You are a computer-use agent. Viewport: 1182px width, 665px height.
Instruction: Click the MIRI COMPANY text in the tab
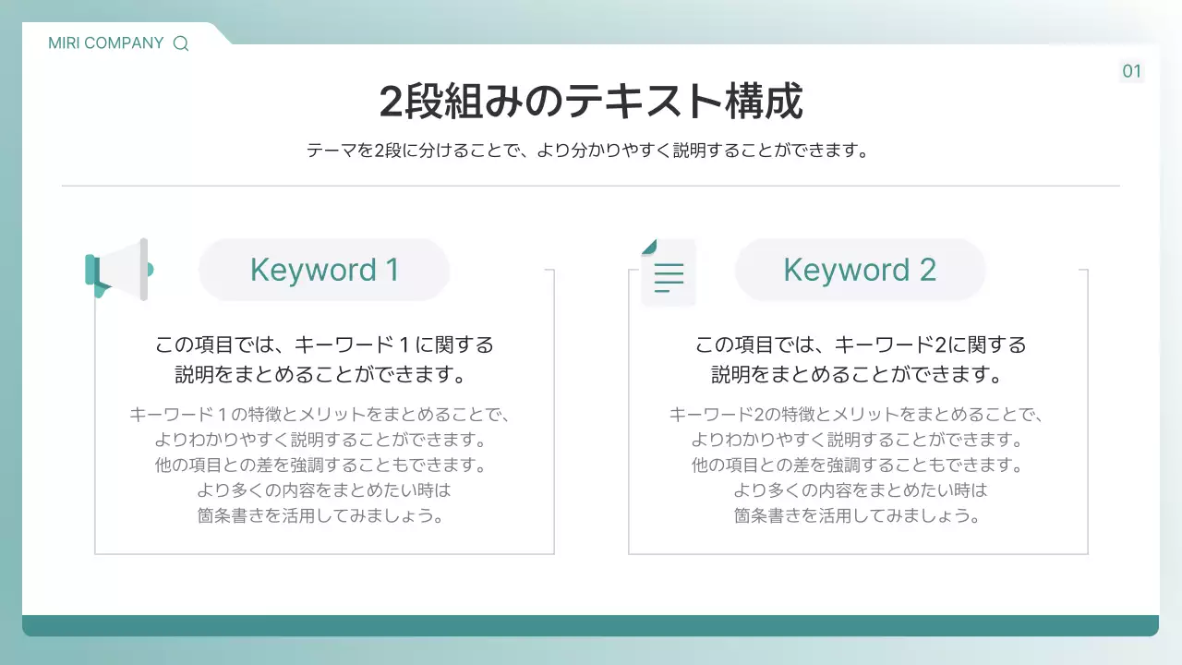(x=105, y=43)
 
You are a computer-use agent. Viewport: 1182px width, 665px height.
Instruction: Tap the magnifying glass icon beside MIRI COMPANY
(x=181, y=43)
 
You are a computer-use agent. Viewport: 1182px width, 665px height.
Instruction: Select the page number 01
(x=1131, y=72)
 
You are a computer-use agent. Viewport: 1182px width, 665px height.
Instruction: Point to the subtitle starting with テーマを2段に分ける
(x=589, y=150)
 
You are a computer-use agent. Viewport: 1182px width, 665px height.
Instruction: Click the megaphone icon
(x=118, y=270)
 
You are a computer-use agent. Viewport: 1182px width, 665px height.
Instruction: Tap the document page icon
(x=668, y=272)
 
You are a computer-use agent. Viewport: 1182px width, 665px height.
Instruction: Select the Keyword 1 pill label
(x=324, y=270)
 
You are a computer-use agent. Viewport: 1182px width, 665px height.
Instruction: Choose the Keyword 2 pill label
(x=860, y=270)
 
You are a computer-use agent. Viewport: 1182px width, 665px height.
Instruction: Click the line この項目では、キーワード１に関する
(x=324, y=345)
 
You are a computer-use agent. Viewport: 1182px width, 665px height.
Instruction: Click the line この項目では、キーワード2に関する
(x=860, y=345)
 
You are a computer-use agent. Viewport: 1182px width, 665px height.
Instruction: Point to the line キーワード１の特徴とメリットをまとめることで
(x=320, y=414)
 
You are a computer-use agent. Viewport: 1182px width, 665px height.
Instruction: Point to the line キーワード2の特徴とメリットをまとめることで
(x=856, y=414)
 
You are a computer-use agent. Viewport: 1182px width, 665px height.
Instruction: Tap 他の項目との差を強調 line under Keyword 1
(x=320, y=465)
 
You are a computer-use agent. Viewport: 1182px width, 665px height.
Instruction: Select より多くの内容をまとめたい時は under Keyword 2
(x=860, y=490)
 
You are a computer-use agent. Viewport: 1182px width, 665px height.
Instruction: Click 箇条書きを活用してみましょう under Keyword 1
(x=322, y=515)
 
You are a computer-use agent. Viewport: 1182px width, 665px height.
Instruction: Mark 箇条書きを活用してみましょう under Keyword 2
(x=858, y=515)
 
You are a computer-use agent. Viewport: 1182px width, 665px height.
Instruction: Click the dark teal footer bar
(x=590, y=625)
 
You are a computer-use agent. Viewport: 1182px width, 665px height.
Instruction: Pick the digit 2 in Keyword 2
(x=927, y=270)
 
